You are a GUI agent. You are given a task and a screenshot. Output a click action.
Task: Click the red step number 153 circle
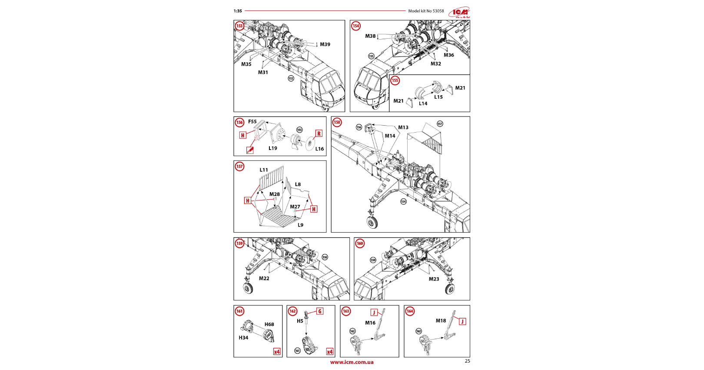coord(239,26)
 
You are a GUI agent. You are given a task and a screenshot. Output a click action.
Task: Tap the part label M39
coord(325,44)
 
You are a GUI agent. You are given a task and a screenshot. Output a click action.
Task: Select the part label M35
coord(246,64)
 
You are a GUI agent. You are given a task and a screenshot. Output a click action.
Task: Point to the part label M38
coord(370,36)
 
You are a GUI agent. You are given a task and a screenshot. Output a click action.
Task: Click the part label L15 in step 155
coord(438,97)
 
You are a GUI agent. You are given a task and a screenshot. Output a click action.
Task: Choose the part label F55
coord(252,122)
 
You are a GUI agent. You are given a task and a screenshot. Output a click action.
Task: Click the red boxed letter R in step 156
coord(319,133)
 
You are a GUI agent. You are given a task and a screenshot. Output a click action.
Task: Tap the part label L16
coord(319,149)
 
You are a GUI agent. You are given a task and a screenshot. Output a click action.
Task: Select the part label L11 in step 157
coord(264,170)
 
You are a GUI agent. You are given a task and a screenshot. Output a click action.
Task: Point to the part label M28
coord(275,194)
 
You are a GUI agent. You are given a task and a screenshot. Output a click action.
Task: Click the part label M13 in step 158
coord(403,127)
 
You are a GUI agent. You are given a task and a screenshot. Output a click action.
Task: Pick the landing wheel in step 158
coord(372,223)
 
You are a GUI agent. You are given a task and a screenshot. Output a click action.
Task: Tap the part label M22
coord(264,278)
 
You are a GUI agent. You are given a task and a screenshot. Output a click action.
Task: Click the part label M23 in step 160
coord(434,279)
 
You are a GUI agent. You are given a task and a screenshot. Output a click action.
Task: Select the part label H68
coord(269,324)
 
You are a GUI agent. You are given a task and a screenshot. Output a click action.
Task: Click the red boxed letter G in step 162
coord(320,311)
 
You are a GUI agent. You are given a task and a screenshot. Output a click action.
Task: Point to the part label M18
coord(441,321)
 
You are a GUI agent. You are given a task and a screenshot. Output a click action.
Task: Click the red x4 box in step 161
coord(277,352)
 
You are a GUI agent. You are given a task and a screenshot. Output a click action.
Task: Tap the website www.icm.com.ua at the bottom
coord(352,362)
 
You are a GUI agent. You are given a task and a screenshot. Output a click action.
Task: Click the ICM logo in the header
coord(460,12)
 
